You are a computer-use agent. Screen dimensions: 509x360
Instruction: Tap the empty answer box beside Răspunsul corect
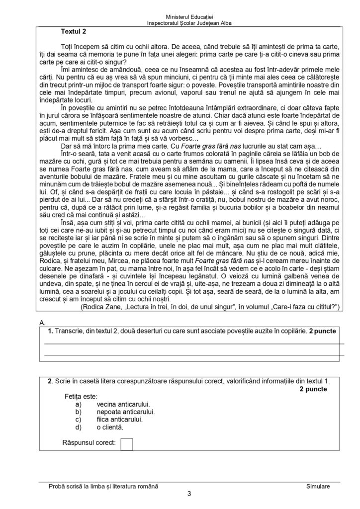pyautogui.click(x=127, y=444)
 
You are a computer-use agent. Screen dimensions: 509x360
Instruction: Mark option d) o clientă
pyautogui.click(x=109, y=426)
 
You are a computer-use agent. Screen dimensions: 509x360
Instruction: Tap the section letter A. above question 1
pyautogui.click(x=42, y=323)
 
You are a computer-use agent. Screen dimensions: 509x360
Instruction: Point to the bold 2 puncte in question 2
pyautogui.click(x=313, y=389)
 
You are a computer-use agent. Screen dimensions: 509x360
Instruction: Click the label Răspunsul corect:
pyautogui.click(x=90, y=442)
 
